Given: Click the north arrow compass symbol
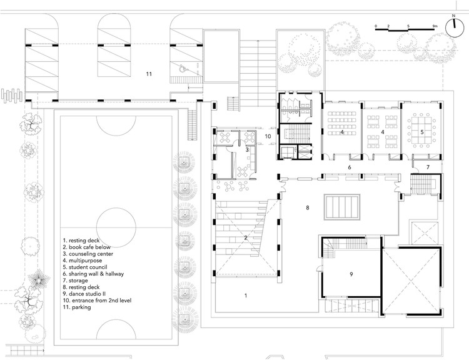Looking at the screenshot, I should tap(454, 24).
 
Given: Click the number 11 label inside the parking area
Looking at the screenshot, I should tap(149, 74).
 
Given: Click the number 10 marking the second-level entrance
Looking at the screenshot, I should tap(267, 136).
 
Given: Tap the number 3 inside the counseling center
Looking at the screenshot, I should tap(248, 149).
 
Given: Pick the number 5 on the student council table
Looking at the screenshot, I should tap(422, 132).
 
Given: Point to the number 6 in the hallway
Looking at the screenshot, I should tap(351, 167).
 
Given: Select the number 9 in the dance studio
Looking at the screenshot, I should tap(351, 273).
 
